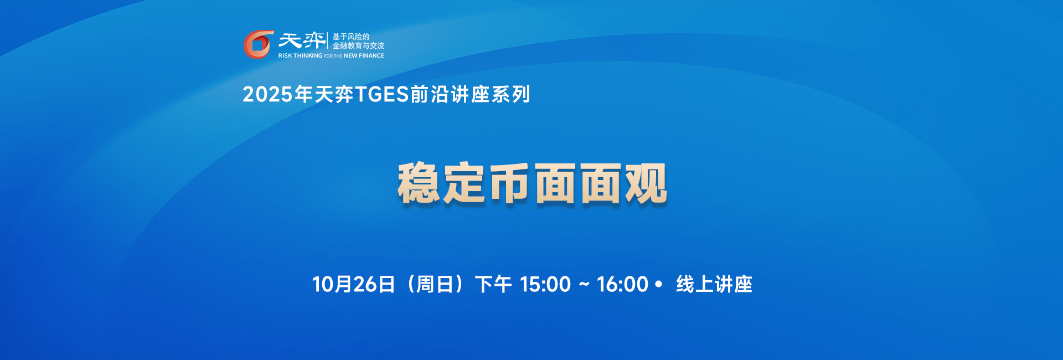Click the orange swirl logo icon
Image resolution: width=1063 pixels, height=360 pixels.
[258, 44]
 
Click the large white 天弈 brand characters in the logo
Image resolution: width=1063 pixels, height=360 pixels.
[302, 40]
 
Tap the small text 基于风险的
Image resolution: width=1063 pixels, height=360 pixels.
[350, 37]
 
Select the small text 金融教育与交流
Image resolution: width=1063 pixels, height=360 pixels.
[358, 46]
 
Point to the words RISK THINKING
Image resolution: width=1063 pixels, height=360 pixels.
[300, 56]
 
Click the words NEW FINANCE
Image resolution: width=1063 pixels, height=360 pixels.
[364, 56]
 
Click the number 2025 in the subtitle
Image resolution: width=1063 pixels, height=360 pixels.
[267, 95]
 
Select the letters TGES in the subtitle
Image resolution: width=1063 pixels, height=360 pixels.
[381, 95]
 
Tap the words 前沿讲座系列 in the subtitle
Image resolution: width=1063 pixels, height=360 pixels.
[470, 95]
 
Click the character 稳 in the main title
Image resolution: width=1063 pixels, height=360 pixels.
[419, 183]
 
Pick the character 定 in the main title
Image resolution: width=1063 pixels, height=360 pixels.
[465, 183]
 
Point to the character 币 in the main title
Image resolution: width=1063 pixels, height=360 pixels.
[510, 183]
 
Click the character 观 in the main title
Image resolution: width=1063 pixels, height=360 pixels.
[646, 183]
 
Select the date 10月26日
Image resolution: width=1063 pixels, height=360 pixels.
[353, 285]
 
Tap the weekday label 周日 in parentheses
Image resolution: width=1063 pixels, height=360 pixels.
[435, 285]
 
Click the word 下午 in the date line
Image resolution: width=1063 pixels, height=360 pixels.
[493, 285]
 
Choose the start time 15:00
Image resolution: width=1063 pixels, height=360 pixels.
[545, 285]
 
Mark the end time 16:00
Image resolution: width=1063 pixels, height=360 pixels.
[622, 285]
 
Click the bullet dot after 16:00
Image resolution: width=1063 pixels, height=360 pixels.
[658, 284]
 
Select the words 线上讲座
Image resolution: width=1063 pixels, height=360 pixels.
[714, 285]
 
